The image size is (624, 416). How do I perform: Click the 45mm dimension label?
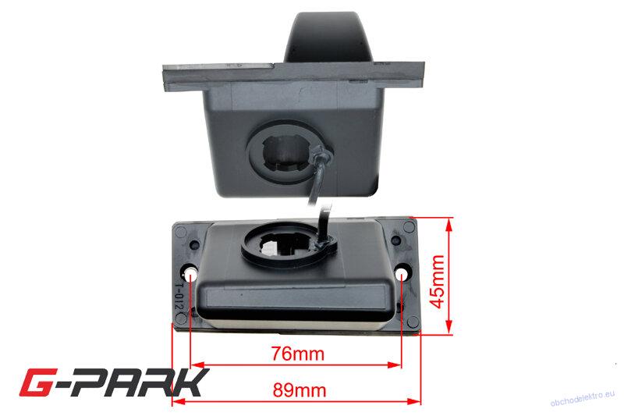[x=438, y=282]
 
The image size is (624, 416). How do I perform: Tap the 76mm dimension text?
[x=298, y=354]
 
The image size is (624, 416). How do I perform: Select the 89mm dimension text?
[x=300, y=390]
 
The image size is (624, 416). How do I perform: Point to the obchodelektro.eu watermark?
[x=582, y=399]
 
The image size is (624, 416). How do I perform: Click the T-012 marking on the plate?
[x=179, y=297]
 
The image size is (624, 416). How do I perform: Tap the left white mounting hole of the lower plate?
[x=190, y=274]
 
